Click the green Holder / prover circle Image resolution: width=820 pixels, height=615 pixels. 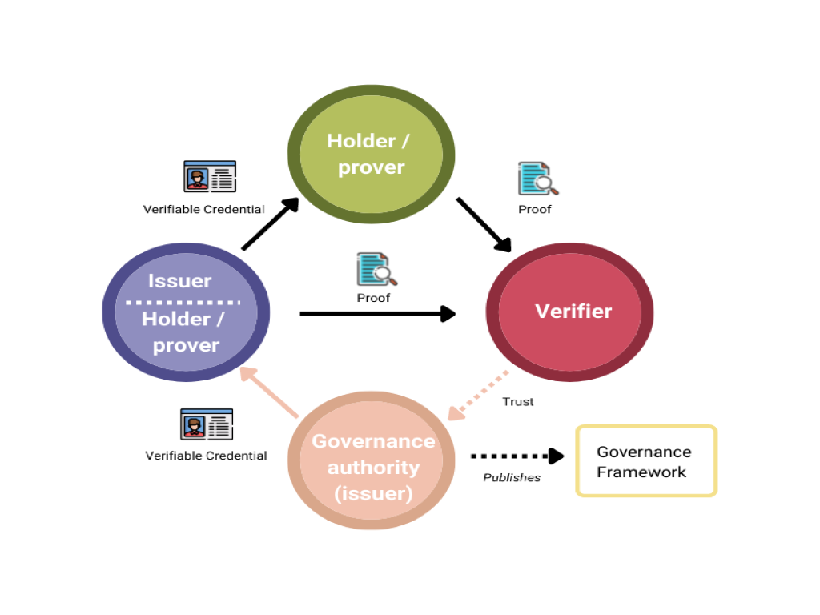371,154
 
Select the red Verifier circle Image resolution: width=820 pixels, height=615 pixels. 569,312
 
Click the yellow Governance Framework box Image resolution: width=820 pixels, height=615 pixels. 646,461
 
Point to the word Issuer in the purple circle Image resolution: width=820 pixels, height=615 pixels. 179,281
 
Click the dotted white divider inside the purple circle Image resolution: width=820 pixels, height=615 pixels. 183,303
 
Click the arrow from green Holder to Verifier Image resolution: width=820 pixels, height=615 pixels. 484,224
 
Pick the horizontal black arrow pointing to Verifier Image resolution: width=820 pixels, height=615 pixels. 376,314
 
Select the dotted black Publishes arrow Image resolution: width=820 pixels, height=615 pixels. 517,456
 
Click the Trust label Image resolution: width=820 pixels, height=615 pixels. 517,401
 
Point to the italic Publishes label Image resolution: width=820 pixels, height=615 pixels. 512,478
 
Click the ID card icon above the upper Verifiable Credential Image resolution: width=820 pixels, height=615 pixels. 210,176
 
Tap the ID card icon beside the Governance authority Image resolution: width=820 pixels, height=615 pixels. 207,424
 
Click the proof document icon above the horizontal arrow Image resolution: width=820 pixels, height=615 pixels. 376,269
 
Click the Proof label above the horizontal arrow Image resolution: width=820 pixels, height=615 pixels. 373,298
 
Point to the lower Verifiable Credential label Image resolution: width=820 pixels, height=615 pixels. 206,456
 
